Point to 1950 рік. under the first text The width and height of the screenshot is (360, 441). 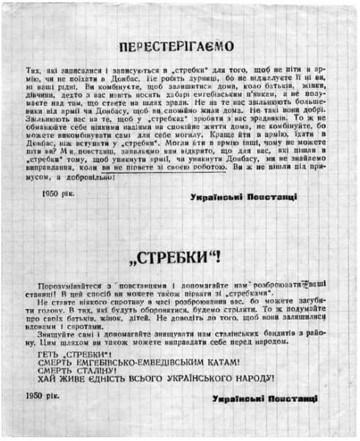60,197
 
